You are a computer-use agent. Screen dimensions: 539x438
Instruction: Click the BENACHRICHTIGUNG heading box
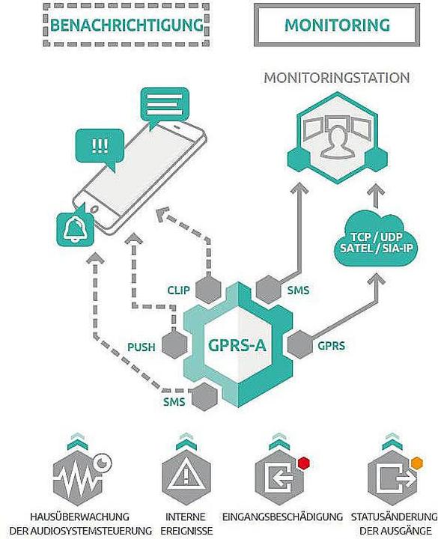tap(126, 25)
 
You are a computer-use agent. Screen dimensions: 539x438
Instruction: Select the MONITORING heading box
tap(337, 25)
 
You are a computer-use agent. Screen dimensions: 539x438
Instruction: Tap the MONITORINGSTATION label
tap(336, 77)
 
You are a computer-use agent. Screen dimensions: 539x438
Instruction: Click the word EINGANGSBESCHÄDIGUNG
tap(282, 517)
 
